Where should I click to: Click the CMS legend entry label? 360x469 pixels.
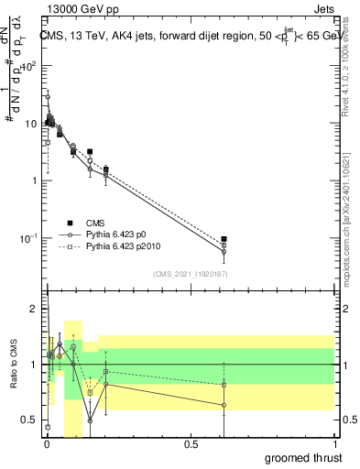[x=95, y=223]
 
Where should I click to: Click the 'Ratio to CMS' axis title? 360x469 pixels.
[x=14, y=365]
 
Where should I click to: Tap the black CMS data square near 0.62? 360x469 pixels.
[x=224, y=239]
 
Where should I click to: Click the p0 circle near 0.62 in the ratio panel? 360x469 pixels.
[x=224, y=405]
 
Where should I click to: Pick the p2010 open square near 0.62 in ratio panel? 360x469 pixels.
[x=224, y=385]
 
